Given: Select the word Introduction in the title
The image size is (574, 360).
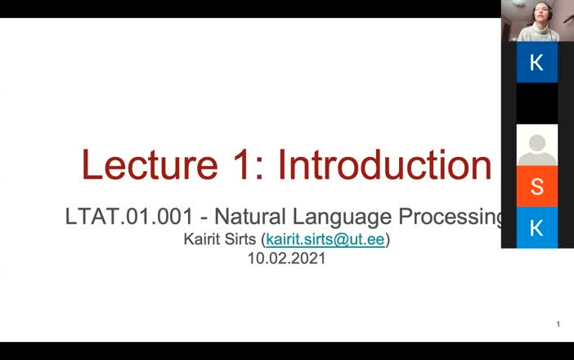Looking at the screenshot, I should pos(384,164).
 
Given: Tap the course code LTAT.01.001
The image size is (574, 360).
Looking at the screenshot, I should pos(129,217).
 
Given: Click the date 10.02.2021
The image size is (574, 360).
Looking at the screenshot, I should pos(287,259).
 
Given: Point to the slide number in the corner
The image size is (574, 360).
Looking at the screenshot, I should pos(558,325).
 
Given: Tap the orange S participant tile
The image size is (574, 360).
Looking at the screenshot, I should pos(537,187).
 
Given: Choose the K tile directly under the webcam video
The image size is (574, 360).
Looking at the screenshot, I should pos(537,62).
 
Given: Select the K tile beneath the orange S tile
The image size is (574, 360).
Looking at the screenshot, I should pos(537,228).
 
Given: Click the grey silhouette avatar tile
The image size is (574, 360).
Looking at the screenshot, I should pos(537,145).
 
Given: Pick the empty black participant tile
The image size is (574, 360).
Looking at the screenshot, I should pos(537,103).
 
